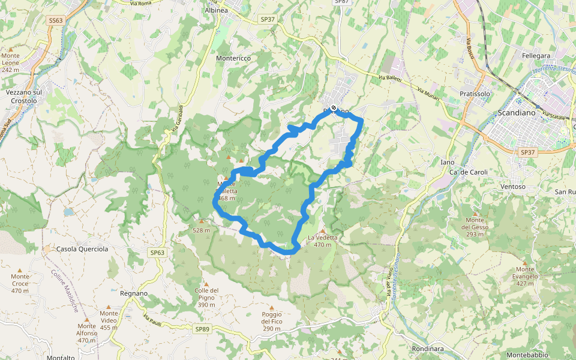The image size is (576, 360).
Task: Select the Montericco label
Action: click(233, 58)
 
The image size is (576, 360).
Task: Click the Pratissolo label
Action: click(475, 94)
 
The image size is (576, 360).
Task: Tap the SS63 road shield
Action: click(55, 20)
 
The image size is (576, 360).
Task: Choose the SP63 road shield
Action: click(157, 253)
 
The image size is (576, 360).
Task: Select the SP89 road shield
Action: click(202, 329)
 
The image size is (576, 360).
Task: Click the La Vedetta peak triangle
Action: click(323, 230)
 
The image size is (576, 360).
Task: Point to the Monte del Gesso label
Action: click(475, 223)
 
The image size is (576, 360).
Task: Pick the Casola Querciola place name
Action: click(82, 248)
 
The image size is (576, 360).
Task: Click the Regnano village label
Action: click(133, 293)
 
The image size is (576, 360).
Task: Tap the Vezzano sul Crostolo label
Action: click(24, 97)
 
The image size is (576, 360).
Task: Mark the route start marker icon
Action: click(334, 109)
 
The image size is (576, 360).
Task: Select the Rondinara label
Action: click(427, 349)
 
